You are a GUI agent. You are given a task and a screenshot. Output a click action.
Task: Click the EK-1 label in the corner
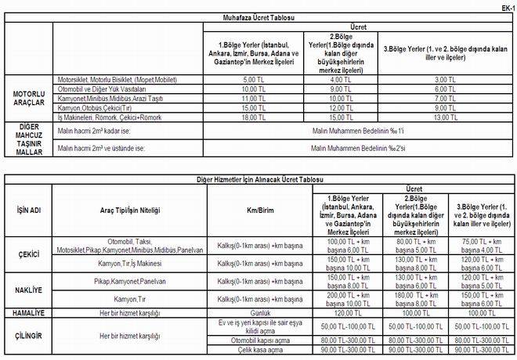(x=506, y=7)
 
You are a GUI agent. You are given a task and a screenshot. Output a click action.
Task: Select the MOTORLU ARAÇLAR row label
(x=28, y=98)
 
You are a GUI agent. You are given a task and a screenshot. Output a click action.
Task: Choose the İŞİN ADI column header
(x=29, y=211)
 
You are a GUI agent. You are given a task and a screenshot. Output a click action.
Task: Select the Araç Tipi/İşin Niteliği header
(x=129, y=211)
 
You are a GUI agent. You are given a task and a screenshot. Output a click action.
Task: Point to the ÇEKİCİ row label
(x=29, y=255)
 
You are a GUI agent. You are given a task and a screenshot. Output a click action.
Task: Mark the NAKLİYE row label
(x=29, y=290)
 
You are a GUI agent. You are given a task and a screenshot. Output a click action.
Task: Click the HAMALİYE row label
(x=29, y=311)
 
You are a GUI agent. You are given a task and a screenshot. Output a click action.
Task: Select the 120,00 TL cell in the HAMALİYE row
(x=334, y=311)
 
